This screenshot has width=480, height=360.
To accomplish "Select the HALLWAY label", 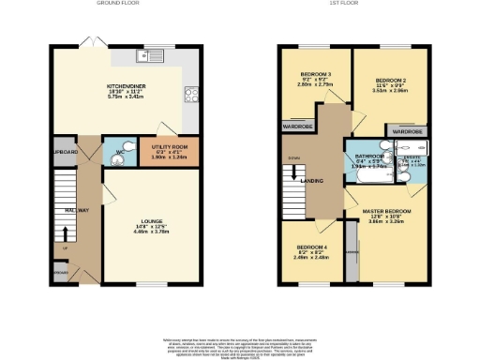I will tap(76, 210).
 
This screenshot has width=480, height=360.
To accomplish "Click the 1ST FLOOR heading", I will tap(340, 4).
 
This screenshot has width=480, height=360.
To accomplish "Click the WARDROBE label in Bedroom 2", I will tap(407, 132).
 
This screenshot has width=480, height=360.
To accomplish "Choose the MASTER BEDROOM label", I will tap(387, 212).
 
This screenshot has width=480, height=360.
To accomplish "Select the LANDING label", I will tap(325, 179).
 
